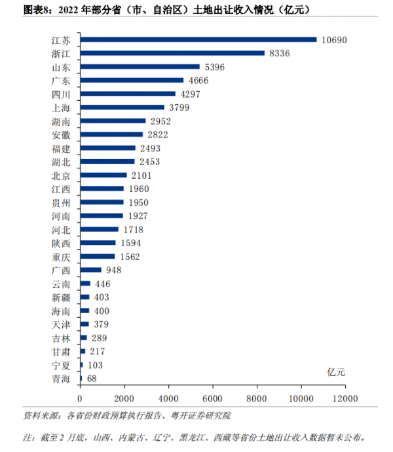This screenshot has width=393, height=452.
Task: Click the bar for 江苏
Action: coord(198,39)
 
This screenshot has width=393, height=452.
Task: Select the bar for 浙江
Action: coord(172,53)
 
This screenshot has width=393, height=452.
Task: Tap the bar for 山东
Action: coord(140,67)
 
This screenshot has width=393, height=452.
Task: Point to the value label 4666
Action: coord(199,81)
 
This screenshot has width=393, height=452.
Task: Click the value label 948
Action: coord(113,270)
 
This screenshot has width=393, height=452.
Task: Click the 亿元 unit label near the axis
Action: coord(336,371)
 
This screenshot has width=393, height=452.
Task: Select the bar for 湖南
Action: coord(113,121)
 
